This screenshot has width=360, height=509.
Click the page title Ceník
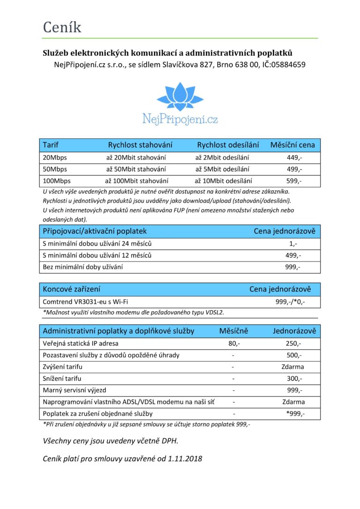coord(62,27)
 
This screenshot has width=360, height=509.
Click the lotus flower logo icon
coord(180,97)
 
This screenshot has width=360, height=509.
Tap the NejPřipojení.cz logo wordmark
coord(180,119)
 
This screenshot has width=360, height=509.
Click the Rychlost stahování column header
coord(140,145)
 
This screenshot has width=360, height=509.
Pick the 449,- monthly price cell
coord(294,157)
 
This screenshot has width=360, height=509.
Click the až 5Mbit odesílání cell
coord(222,169)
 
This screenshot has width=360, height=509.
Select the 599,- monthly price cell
coord(294,180)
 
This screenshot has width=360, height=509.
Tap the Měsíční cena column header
coord(292,145)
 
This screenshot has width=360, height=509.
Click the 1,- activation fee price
coord(293,244)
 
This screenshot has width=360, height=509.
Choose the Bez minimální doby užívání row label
coord(83,267)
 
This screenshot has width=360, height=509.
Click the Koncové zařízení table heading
coord(71,289)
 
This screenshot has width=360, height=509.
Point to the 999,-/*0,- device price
coord(290,302)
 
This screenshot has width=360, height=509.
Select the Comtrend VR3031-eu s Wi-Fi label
coord(85,302)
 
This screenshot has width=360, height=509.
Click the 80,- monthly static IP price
coord(233,344)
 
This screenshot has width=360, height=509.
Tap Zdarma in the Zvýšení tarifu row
coord(293,367)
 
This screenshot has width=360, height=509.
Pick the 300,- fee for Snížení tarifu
coord(294,378)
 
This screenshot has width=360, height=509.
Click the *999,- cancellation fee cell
coord(295,413)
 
